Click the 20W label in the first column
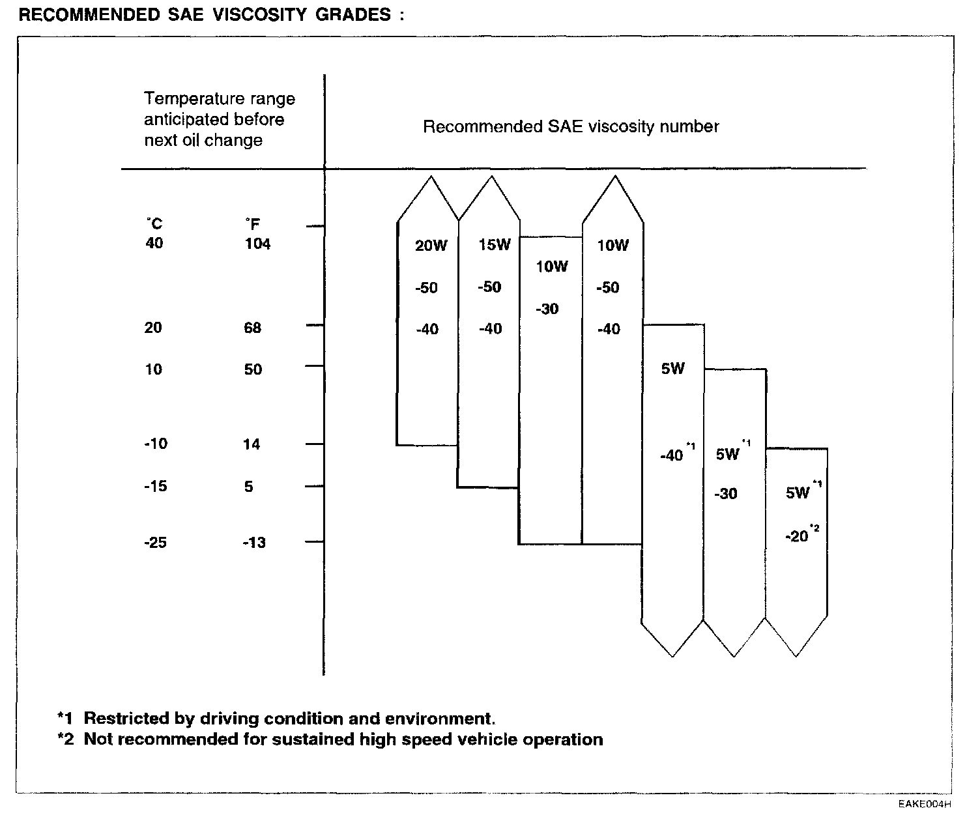click(431, 246)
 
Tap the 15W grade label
click(495, 245)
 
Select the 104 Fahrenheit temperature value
click(258, 244)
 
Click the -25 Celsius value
click(155, 542)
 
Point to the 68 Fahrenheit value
click(252, 328)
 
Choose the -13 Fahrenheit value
click(253, 543)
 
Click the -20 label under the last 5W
click(798, 537)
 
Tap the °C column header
click(154, 223)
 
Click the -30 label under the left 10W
click(547, 309)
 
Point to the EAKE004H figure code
click(925, 804)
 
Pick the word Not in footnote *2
click(98, 739)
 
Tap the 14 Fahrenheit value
click(252, 444)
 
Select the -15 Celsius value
click(155, 486)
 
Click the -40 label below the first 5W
click(671, 455)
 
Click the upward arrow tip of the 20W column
click(428, 177)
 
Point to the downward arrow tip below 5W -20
click(796, 655)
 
